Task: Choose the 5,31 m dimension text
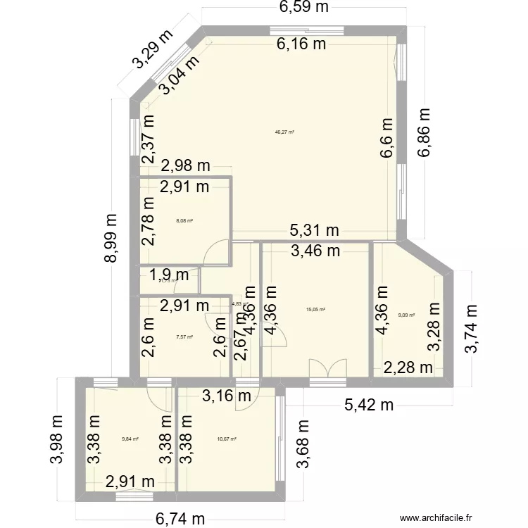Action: pyautogui.click(x=315, y=230)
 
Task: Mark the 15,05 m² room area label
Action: pyautogui.click(x=315, y=308)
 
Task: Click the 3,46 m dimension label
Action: pyautogui.click(x=315, y=249)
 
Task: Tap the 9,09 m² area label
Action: pyautogui.click(x=407, y=315)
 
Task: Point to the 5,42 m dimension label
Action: pyautogui.click(x=369, y=405)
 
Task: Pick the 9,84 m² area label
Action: pyautogui.click(x=130, y=439)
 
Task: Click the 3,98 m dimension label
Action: pyautogui.click(x=58, y=438)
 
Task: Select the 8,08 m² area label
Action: pyautogui.click(x=184, y=220)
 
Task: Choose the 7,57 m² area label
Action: pyautogui.click(x=184, y=337)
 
